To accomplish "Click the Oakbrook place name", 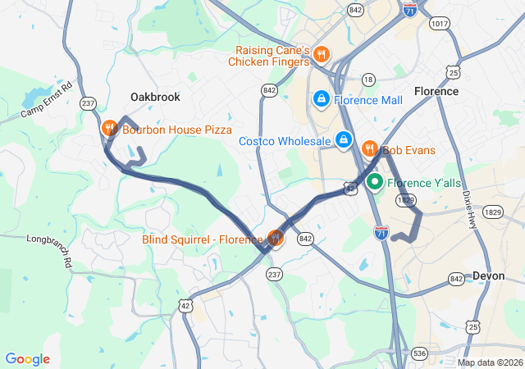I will pos(155,97).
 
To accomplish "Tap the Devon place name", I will pos(488,276).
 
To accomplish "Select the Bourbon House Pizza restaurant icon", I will pos(109,129).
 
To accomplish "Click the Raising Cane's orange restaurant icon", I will pos(321,56).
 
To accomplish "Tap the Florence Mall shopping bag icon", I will pos(321,99).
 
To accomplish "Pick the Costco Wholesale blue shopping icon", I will pos(344,141).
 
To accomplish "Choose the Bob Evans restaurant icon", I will pos(370,149).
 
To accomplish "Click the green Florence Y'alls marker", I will pos(375,182).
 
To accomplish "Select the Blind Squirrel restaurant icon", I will pos(275,239).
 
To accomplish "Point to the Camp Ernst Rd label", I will pos(47,98).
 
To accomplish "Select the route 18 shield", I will pos(368,80).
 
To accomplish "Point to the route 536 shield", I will pos(419,353).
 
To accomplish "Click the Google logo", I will pos(27,359).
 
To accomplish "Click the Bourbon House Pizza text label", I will pos(177,130).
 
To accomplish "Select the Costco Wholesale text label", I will pos(285,141).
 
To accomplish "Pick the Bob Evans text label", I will pos(409,150).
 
